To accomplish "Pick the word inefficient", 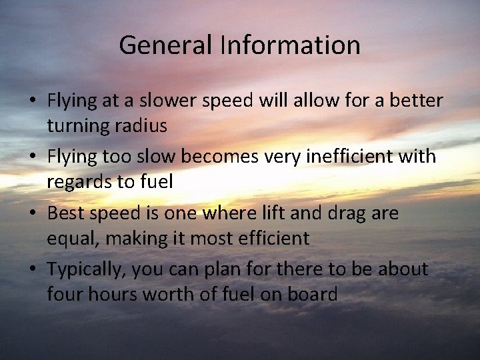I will (350, 157).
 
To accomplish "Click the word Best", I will (65, 213).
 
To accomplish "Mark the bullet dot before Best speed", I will (32, 214).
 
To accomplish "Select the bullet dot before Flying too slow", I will (32, 157).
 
